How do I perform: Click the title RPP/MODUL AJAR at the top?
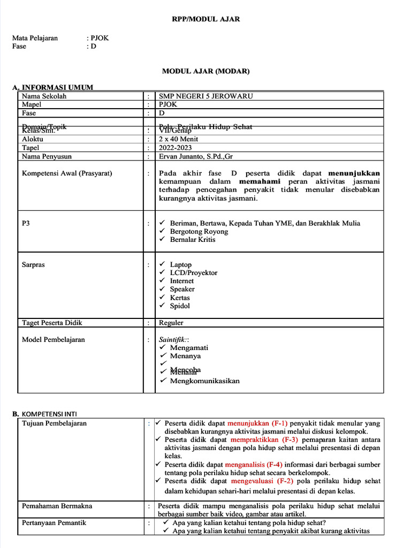click(x=205, y=19)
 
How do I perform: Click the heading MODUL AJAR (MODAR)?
click(x=205, y=71)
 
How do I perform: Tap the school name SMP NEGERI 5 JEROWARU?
click(x=206, y=96)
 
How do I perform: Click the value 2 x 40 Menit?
click(x=178, y=139)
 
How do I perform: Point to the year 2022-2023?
click(x=175, y=148)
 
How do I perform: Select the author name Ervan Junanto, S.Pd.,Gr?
click(x=196, y=157)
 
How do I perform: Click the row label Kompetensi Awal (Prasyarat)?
click(x=67, y=173)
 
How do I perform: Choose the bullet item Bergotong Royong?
click(x=199, y=232)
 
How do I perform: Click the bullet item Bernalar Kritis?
click(x=193, y=240)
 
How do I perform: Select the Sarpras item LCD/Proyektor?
click(x=194, y=273)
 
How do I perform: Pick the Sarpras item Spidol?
click(x=180, y=306)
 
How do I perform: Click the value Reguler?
click(x=171, y=323)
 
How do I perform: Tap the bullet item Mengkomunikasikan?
click(x=204, y=381)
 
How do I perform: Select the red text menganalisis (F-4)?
click(x=254, y=465)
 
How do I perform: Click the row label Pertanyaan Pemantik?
click(x=54, y=523)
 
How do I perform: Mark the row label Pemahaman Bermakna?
click(x=57, y=506)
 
